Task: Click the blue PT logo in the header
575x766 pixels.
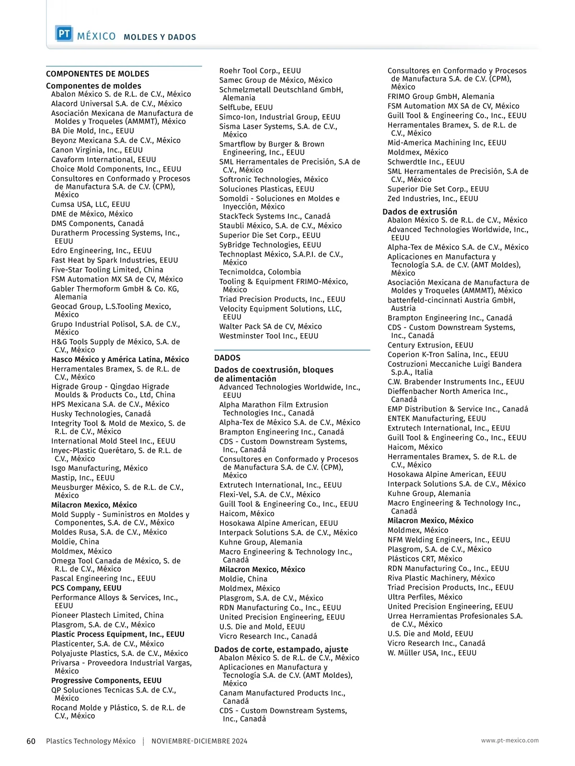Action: coord(64,34)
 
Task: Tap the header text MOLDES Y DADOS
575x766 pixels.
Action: coord(160,37)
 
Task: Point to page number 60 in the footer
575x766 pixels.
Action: coord(31,741)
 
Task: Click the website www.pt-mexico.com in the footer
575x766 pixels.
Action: coord(510,740)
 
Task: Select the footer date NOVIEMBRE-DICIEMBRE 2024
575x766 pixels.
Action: coord(199,741)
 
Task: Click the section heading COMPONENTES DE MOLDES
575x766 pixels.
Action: coord(97,74)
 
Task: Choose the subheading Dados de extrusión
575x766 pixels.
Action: coord(420,212)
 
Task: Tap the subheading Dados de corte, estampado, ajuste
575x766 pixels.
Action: coord(281,649)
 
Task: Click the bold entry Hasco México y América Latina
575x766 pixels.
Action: coord(120,360)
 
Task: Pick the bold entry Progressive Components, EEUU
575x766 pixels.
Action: coord(106,680)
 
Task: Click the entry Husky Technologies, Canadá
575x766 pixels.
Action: coord(101,414)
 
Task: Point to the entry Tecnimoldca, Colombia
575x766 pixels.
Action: coord(260,272)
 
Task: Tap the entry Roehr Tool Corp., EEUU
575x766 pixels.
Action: coord(260,70)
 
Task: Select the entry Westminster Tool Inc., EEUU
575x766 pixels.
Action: coord(269,336)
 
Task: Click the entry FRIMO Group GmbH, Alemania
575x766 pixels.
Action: coord(441,96)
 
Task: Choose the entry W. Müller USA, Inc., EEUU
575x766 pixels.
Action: coord(432,653)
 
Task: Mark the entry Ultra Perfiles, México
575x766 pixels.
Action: coord(425,597)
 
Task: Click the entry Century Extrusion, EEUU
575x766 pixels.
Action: coord(430,345)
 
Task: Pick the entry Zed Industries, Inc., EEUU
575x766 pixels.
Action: coord(433,199)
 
